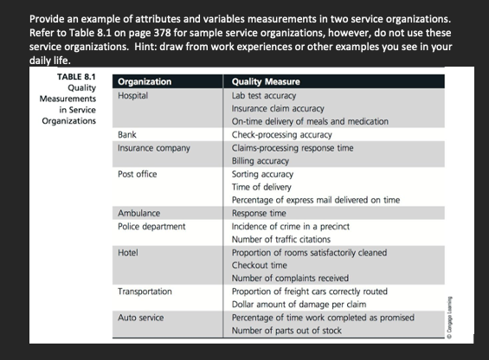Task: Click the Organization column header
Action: coord(144,81)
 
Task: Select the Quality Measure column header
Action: coord(266,81)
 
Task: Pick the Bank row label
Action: coord(126,135)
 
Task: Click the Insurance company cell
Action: coord(153,149)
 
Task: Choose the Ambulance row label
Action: coord(138,213)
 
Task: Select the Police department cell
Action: coord(151,226)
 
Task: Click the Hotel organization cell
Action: coord(128,252)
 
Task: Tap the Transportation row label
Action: coord(145,292)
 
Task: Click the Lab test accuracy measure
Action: coord(265,94)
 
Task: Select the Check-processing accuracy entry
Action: coord(281,135)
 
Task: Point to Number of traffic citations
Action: coord(281,239)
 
